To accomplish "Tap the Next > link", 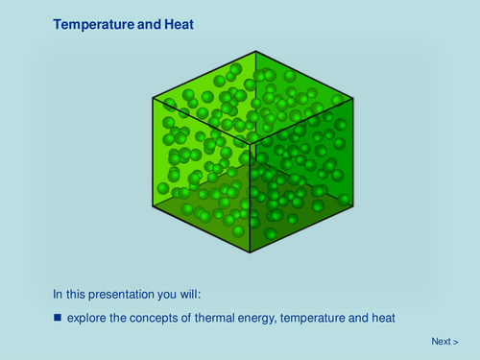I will coord(444,341).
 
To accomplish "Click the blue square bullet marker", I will coord(58,317).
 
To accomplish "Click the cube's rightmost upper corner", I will coord(351,95).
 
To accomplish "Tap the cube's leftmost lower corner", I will coord(154,201).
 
